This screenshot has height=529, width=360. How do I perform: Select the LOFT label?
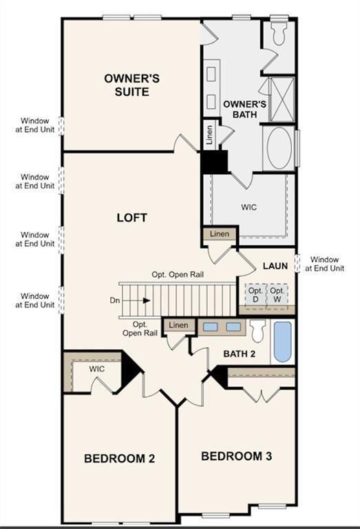click(x=132, y=218)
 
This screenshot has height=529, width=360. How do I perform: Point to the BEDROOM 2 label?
click(x=115, y=459)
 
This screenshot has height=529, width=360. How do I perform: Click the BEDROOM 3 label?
click(x=233, y=456)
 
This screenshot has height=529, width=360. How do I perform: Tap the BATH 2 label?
click(x=239, y=354)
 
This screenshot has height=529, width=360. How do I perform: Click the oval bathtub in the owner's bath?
click(x=280, y=147)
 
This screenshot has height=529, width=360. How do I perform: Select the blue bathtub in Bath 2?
click(x=282, y=340)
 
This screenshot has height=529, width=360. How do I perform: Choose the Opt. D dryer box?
click(x=256, y=294)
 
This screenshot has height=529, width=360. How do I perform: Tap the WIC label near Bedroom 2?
click(x=97, y=369)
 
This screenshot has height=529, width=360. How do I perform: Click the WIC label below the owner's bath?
click(x=248, y=207)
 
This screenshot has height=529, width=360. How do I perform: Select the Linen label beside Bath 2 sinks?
click(x=178, y=325)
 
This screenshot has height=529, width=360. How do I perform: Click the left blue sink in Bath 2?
click(x=211, y=327)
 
